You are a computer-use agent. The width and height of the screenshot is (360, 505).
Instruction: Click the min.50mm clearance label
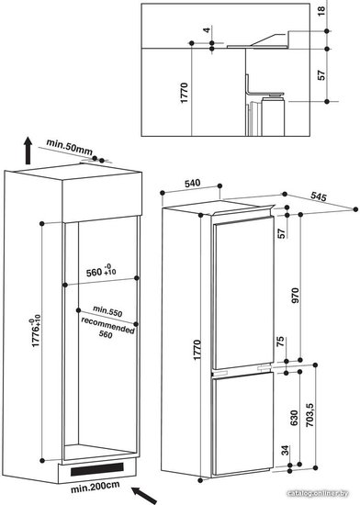(x=69, y=146)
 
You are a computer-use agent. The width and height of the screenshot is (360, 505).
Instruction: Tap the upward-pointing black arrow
(x=28, y=150)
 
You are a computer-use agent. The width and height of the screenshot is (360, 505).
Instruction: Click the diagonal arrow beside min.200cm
(x=144, y=495)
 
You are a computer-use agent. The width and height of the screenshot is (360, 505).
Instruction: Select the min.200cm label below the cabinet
(x=95, y=487)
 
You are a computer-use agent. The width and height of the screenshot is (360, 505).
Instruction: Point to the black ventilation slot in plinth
(x=97, y=469)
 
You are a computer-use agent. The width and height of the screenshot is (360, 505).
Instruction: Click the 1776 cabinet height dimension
(x=36, y=332)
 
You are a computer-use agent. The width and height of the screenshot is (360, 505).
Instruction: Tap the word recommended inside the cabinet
(x=107, y=325)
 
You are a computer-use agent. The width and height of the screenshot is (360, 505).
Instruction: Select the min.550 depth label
(x=107, y=311)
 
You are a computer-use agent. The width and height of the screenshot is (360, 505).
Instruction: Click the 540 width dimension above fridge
(x=192, y=184)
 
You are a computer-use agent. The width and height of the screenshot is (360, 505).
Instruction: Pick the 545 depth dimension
(x=319, y=196)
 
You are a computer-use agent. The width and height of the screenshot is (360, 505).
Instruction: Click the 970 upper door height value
(x=295, y=296)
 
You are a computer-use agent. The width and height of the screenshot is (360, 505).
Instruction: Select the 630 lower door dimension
(x=294, y=418)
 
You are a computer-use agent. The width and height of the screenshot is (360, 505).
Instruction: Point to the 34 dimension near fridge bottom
(x=285, y=451)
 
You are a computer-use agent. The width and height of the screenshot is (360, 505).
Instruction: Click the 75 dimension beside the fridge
(x=281, y=342)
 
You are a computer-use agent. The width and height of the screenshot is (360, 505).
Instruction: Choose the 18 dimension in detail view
(x=321, y=11)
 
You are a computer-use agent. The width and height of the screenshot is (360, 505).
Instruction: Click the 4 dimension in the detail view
(x=207, y=30)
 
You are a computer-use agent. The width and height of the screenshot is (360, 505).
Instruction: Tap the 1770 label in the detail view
(x=184, y=93)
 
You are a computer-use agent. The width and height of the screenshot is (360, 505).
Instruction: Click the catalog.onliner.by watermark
(x=318, y=493)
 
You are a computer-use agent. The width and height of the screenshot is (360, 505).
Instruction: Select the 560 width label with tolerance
(x=101, y=272)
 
